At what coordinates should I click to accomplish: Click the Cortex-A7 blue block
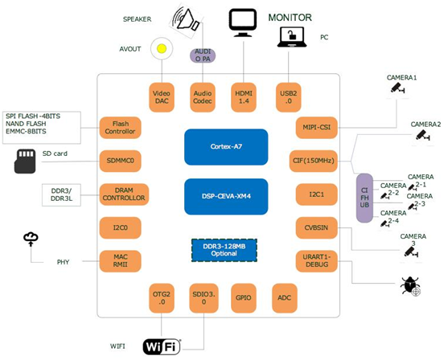[225, 147]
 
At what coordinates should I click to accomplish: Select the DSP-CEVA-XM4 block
[225, 196]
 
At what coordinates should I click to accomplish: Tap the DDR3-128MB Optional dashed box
[224, 250]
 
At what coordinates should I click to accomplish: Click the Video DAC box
[162, 97]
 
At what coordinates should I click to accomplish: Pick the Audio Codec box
[203, 97]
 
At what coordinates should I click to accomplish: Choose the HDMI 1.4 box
[244, 97]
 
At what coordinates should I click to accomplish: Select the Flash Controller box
[121, 127]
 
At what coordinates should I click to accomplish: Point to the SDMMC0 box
[121, 161]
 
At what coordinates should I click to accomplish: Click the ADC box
[285, 297]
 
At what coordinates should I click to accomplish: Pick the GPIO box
[244, 297]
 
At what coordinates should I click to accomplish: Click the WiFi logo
[162, 346]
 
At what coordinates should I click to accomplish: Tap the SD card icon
[25, 161]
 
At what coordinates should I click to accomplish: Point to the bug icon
[410, 285]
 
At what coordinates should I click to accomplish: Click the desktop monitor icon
[243, 22]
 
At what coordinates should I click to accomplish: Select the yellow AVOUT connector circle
[162, 49]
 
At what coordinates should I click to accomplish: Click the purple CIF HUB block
[364, 198]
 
